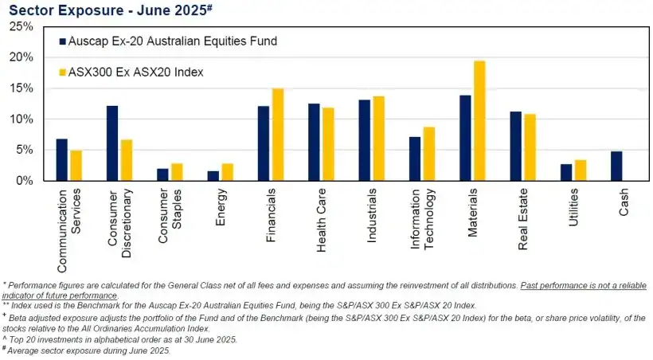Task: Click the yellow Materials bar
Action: (x=479, y=121)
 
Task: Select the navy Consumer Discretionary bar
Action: (x=112, y=143)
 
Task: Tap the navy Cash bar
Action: (x=616, y=166)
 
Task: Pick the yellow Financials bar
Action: (x=278, y=135)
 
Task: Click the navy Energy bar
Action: (x=213, y=176)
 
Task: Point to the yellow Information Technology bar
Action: (x=429, y=154)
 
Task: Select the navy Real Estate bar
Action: (x=515, y=147)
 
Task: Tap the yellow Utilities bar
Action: (x=581, y=170)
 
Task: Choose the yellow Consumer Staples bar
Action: (x=177, y=172)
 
